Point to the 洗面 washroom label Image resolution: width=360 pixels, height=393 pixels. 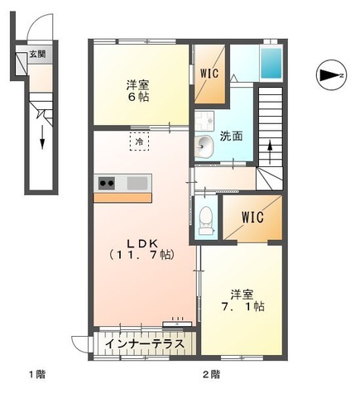(x=231, y=137)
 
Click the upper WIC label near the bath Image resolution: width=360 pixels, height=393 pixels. (x=210, y=72)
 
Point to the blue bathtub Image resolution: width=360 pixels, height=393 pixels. (x=271, y=62)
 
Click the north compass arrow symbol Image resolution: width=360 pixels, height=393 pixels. (x=330, y=76)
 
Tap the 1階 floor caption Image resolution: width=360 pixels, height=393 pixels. (x=36, y=375)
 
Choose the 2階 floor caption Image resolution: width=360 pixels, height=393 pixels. (x=210, y=375)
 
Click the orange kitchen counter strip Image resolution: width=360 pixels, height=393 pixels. (x=122, y=197)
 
